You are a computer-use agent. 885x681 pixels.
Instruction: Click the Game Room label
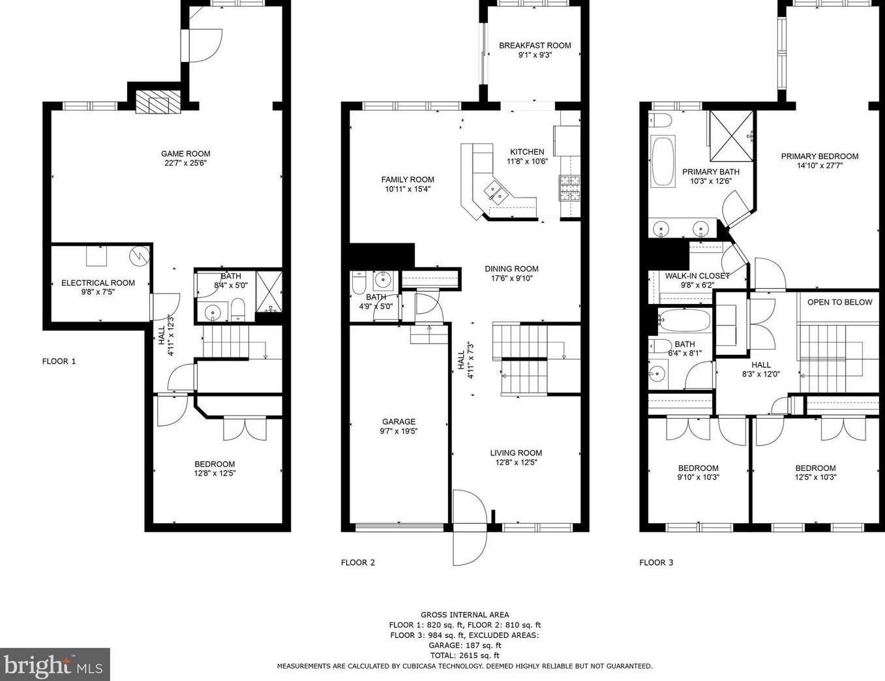coord(186,154)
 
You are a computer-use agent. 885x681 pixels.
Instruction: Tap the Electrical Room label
coord(98,282)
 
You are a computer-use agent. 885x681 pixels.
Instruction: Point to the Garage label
coord(398,421)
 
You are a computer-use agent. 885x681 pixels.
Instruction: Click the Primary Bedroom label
coord(820,156)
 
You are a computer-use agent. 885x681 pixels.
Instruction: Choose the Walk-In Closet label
coord(697,276)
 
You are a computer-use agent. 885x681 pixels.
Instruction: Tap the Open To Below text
coord(839,302)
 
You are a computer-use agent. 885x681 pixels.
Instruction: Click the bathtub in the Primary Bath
coord(663,162)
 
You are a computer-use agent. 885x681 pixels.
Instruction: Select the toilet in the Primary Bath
coord(661,121)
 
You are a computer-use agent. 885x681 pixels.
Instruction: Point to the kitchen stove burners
coord(568,189)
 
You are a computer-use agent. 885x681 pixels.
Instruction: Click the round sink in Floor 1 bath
coord(213,313)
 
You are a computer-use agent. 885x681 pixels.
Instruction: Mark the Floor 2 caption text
coord(358,562)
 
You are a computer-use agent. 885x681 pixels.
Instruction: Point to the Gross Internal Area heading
coord(465,614)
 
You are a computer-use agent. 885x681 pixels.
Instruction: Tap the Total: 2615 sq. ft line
coord(465,656)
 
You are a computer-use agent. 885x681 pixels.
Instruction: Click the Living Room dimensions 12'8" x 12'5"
coord(516,462)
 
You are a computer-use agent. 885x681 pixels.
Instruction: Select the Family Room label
coord(408,179)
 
